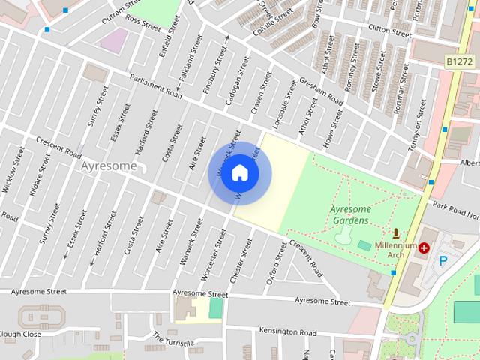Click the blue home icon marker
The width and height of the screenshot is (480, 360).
239,172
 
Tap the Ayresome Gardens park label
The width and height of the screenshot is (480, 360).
349,214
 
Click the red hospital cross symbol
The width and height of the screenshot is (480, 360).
424,247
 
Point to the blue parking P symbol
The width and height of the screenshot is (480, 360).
443,261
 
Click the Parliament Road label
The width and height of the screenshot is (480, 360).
155,87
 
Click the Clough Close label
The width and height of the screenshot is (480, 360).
20,334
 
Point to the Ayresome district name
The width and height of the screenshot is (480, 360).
109,166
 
